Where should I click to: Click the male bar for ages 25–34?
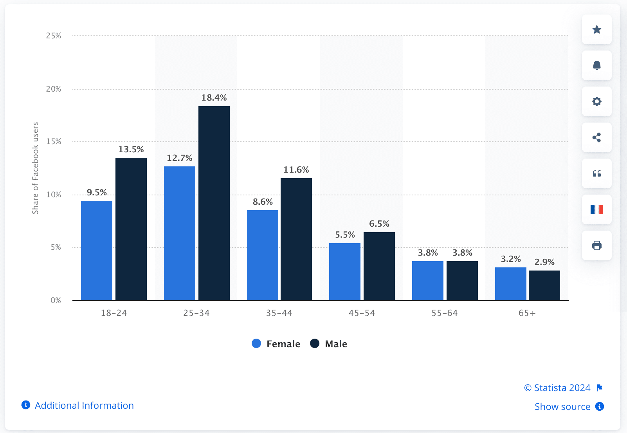214,203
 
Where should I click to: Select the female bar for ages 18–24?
96,251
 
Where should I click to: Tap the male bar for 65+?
544,285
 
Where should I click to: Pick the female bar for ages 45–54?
344,272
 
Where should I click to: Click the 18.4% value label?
214,98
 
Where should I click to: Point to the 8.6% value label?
262,202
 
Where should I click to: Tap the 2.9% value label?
544,262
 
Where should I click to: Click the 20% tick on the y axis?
54,89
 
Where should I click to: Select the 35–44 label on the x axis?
279,313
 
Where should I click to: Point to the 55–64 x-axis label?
444,313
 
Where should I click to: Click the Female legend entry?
276,344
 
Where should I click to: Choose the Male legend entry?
329,344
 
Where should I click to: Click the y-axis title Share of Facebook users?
35,168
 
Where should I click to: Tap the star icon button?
596,29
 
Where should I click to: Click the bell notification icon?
596,65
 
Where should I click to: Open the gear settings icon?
596,101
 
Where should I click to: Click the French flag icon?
596,209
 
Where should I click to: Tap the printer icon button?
596,245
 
